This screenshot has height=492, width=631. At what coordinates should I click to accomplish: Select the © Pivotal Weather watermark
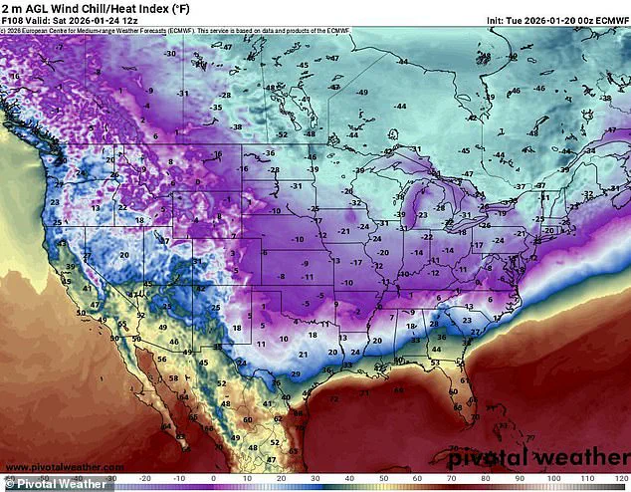55,484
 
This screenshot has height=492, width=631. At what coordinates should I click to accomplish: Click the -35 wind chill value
216,107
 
